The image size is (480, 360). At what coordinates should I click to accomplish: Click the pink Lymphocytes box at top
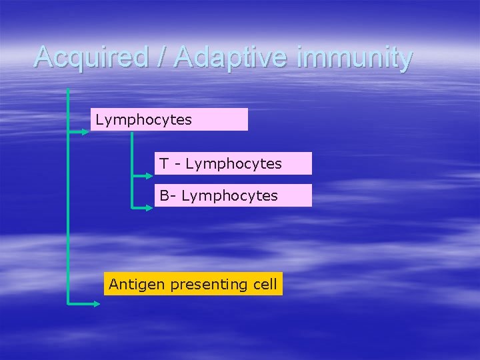click(169, 120)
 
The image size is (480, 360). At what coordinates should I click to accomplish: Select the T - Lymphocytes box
click(233, 163)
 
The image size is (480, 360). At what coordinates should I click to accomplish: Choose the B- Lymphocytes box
click(233, 195)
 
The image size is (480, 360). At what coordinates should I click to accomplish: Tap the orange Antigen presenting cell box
click(193, 284)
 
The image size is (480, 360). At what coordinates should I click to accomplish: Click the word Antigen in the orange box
click(137, 284)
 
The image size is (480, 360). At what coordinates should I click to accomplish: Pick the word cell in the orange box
click(265, 284)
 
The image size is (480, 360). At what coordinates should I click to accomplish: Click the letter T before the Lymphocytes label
click(163, 163)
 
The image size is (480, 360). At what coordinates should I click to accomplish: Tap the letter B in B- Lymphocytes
click(164, 195)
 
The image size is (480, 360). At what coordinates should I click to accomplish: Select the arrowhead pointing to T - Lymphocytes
click(149, 176)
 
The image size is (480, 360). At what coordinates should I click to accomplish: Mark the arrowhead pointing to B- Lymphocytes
click(149, 207)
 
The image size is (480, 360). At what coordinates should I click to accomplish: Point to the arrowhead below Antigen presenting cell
click(97, 303)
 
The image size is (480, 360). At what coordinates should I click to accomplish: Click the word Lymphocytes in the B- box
click(229, 195)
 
